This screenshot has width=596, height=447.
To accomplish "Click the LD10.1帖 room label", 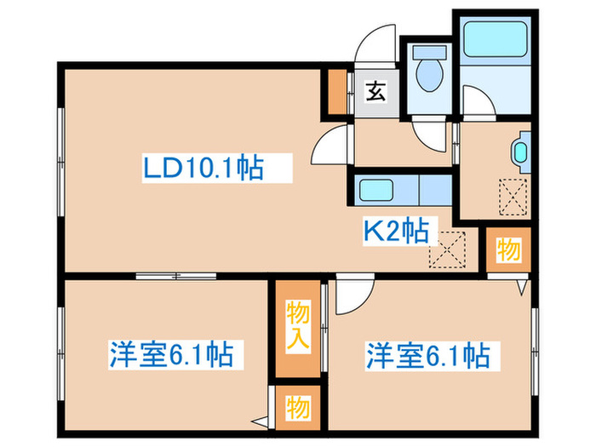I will click(x=203, y=168).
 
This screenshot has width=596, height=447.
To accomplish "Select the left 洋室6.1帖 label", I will click(x=171, y=352).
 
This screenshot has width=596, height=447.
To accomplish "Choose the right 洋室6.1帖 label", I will click(x=428, y=352).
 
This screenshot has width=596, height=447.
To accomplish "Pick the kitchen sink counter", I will click(x=400, y=189).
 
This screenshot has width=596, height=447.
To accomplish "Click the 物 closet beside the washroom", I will click(x=507, y=250).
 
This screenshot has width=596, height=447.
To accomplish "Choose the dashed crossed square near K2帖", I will click(x=446, y=250).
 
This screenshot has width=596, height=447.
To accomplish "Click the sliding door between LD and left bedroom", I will click(x=176, y=274).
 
